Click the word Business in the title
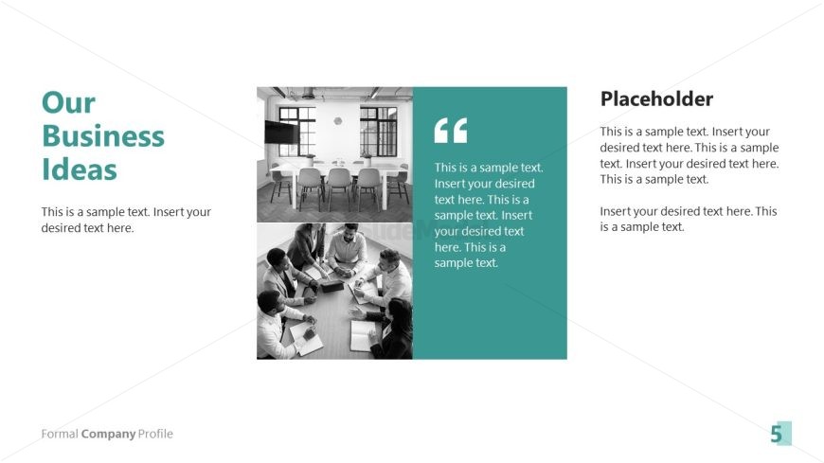(103, 136)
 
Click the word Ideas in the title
(80, 169)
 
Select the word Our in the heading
(68, 102)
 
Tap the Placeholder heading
(656, 98)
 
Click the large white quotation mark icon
(451, 131)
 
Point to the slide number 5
(777, 434)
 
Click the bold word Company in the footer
(108, 434)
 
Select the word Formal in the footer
(60, 434)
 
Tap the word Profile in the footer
(155, 434)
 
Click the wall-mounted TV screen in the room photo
(281, 133)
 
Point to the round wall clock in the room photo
(338, 121)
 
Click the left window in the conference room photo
(296, 132)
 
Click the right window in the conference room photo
(378, 132)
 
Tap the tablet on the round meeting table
(332, 285)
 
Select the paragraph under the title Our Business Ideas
(126, 220)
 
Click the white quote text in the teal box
(489, 215)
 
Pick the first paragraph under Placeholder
(689, 155)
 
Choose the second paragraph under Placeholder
(689, 219)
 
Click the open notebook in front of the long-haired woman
(362, 335)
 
